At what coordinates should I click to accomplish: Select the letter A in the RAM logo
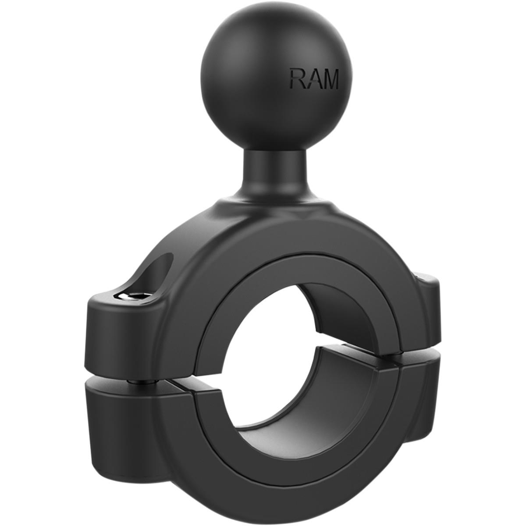[x=314, y=79]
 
